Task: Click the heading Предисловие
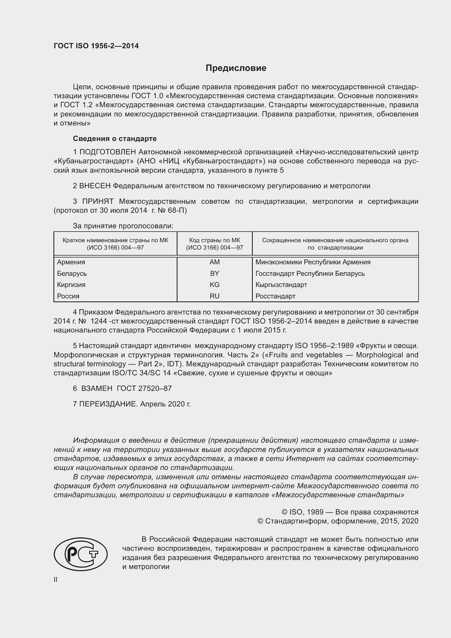click(236, 68)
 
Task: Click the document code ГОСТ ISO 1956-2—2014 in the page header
click(96, 46)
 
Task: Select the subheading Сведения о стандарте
click(115, 138)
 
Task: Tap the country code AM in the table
click(214, 262)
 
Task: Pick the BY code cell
click(214, 273)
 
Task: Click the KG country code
click(214, 284)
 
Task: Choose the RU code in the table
click(214, 296)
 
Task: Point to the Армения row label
click(71, 262)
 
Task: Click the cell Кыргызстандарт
click(281, 284)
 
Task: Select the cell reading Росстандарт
click(275, 296)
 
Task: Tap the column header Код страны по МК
click(214, 240)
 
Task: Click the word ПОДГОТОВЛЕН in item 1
click(108, 152)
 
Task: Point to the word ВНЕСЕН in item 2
click(95, 186)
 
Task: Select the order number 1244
click(98, 321)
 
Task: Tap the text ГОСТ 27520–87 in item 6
click(144, 388)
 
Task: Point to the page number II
click(56, 579)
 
